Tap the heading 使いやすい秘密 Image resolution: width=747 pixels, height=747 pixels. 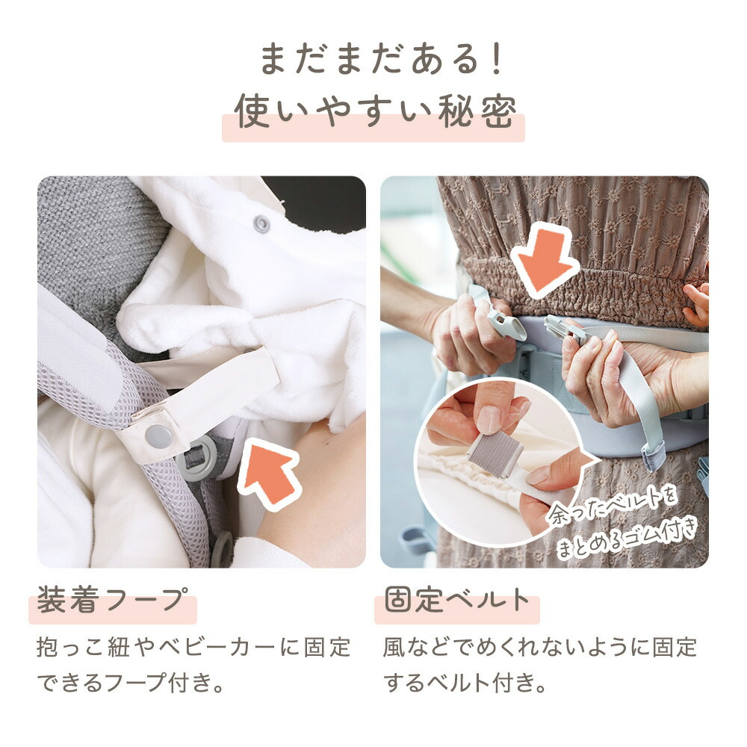click(374, 113)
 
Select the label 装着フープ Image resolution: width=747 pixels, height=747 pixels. click(111, 600)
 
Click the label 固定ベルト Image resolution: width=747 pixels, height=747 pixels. click(456, 600)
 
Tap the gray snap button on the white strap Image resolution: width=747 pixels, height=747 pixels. click(158, 436)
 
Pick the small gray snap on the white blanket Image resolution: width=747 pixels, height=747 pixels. click(261, 223)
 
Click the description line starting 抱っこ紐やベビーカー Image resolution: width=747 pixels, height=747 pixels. click(193, 647)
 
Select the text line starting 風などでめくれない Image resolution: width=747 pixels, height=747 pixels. click(540, 647)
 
